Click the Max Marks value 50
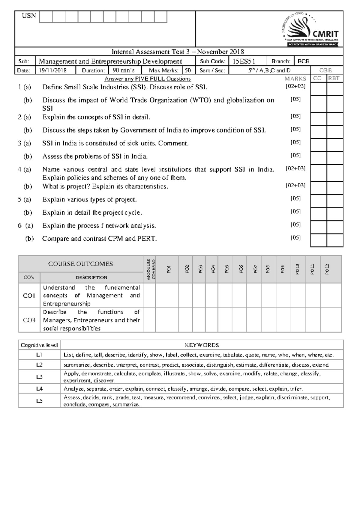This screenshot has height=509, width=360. pyautogui.click(x=188, y=70)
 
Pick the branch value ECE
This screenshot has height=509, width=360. pyautogui.click(x=303, y=61)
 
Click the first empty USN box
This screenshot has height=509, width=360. pyautogui.click(x=46, y=17)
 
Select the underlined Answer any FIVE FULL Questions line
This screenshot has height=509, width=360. pyautogui.click(x=148, y=79)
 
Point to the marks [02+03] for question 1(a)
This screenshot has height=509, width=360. pyautogui.click(x=295, y=86)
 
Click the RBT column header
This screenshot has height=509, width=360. pyautogui.click(x=334, y=79)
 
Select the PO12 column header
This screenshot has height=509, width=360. pyautogui.click(x=327, y=269)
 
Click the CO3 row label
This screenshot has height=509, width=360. pyautogui.click(x=29, y=320)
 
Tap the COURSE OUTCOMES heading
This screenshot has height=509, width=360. pyautogui.click(x=80, y=264)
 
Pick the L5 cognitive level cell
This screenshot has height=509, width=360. pyautogui.click(x=39, y=401)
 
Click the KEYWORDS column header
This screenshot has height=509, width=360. pyautogui.click(x=202, y=345)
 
